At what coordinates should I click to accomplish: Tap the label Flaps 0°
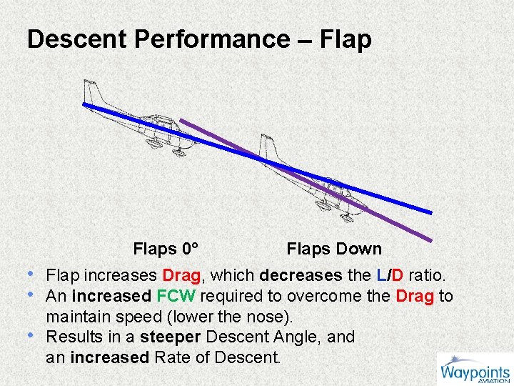click(166, 249)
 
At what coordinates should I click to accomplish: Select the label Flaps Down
click(334, 249)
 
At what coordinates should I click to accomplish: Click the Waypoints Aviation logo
click(475, 370)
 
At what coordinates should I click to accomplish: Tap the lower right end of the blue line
click(430, 212)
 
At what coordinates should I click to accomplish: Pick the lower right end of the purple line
click(430, 240)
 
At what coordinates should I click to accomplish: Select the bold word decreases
click(300, 275)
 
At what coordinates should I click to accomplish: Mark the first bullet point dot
click(31, 274)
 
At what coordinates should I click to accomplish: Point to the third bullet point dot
click(31, 336)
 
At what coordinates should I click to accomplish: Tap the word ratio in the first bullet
click(428, 275)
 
